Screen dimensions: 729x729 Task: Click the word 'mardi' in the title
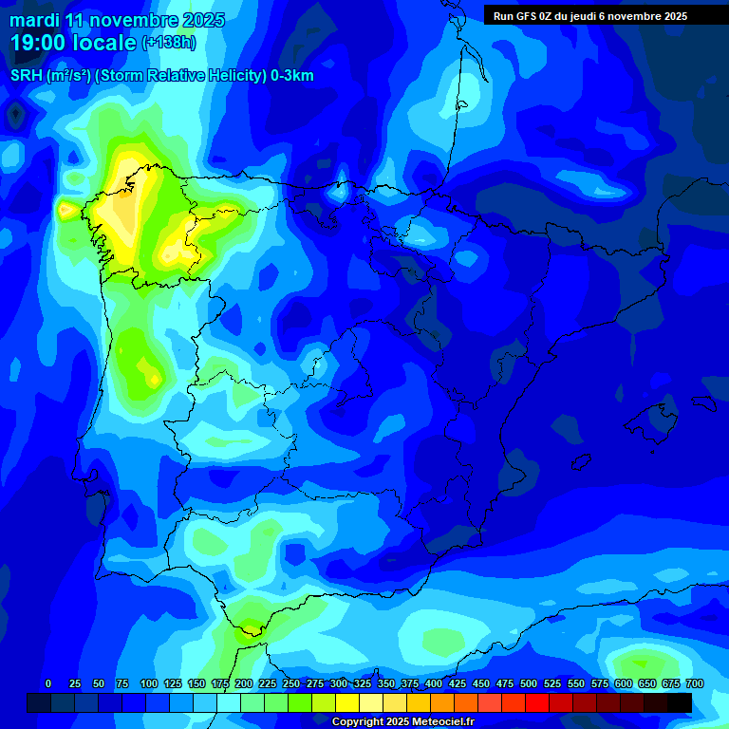34,20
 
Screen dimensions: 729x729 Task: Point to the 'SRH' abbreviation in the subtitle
26,76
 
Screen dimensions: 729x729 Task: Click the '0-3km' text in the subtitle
292,76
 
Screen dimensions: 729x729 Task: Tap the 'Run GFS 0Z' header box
590,16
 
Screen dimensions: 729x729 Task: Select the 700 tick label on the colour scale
694,683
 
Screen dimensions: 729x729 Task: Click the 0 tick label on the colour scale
48,683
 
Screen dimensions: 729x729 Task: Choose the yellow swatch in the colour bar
346,702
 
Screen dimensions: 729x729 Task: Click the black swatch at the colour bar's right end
679,702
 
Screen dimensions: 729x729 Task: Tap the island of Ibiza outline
581,460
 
